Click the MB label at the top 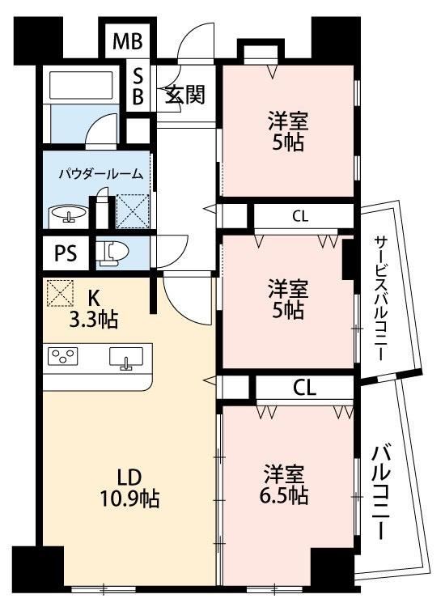tap(128, 41)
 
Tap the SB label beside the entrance tap(138, 87)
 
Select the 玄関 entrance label tap(185, 94)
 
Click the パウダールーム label tap(101, 174)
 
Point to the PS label tap(66, 253)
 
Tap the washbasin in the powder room tap(69, 214)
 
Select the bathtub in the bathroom tap(83, 84)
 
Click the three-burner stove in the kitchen tap(62, 355)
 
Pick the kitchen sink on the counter tap(125, 357)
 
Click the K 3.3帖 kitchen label tap(93, 309)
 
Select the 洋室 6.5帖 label tap(285, 484)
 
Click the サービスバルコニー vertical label tap(380, 299)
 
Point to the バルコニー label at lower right tap(381, 491)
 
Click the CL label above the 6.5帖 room tap(305, 388)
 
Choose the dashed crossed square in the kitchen tap(60, 293)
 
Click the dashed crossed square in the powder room tap(133, 211)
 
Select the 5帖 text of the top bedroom tap(287, 142)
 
